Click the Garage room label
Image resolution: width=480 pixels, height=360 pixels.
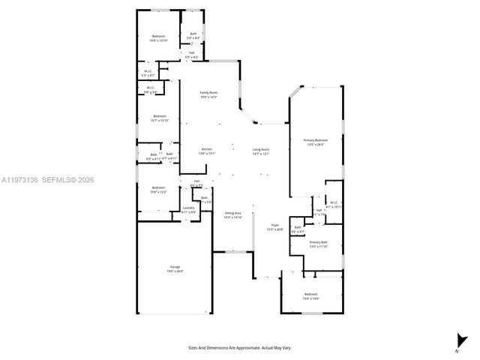(175, 267)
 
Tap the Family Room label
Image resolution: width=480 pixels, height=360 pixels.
(207, 93)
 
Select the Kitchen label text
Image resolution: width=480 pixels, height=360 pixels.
(207, 149)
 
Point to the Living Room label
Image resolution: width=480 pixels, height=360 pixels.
(261, 149)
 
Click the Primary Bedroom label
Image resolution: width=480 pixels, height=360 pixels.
(316, 140)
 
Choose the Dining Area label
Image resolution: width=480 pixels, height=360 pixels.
(233, 213)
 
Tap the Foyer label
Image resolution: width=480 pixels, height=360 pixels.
(275, 225)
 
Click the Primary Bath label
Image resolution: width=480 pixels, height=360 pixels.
(319, 242)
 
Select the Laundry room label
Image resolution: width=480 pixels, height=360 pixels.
(189, 208)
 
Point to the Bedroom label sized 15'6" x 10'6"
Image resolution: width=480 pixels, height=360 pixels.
(311, 294)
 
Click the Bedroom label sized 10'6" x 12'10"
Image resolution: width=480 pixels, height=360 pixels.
(158, 36)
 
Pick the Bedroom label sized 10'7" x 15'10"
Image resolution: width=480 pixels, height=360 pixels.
(159, 115)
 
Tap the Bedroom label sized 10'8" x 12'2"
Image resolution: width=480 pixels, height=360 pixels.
(158, 187)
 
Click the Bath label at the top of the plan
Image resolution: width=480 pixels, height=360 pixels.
(193, 33)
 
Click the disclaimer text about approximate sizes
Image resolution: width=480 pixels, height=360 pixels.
(240, 347)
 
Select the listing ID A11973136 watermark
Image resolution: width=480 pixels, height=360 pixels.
(23, 179)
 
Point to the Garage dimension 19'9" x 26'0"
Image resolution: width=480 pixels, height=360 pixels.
(175, 271)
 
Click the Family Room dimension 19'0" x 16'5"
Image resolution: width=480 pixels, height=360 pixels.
(207, 97)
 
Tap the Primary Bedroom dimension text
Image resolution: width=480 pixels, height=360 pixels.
(316, 145)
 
